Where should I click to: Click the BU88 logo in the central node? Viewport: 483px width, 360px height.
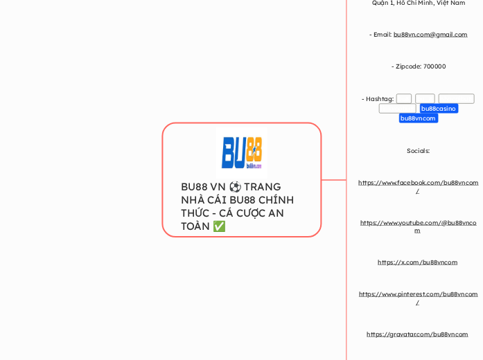pyautogui.click(x=241, y=152)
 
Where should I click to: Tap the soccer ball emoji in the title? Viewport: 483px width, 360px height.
pyautogui.click(x=236, y=187)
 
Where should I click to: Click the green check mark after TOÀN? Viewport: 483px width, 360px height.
pyautogui.click(x=219, y=226)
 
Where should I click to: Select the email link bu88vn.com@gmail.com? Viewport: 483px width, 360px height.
pyautogui.click(x=430, y=35)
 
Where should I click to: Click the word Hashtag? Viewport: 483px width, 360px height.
pyautogui.click(x=378, y=99)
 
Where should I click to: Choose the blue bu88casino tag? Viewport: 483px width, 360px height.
pyautogui.click(x=439, y=109)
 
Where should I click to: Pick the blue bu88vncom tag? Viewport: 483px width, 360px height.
pyautogui.click(x=419, y=118)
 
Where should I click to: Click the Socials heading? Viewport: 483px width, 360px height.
pyautogui.click(x=418, y=151)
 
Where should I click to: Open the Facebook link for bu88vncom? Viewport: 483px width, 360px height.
pyautogui.click(x=418, y=183)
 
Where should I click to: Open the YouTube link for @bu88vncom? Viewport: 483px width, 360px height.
pyautogui.click(x=418, y=223)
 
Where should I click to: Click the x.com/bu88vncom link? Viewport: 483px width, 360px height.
pyautogui.click(x=417, y=262)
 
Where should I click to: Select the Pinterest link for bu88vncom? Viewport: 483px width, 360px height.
pyautogui.click(x=418, y=294)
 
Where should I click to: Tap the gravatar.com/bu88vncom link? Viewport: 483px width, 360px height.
pyautogui.click(x=417, y=334)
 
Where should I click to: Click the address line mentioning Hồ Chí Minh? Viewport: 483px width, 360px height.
pyautogui.click(x=418, y=3)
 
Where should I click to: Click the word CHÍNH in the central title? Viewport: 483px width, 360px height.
pyautogui.click(x=276, y=200)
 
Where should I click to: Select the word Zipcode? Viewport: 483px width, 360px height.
pyautogui.click(x=407, y=66)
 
